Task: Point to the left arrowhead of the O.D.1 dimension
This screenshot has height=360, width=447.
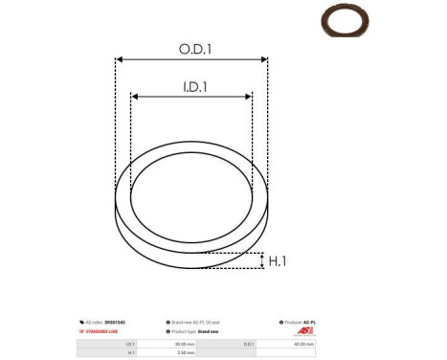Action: (x=119, y=59)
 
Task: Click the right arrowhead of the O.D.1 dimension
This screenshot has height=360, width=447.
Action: (x=265, y=59)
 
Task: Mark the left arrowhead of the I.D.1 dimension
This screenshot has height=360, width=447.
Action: (x=135, y=97)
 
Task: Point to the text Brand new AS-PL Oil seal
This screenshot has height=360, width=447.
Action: (x=207, y=323)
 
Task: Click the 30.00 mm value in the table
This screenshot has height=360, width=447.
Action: (x=183, y=343)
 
